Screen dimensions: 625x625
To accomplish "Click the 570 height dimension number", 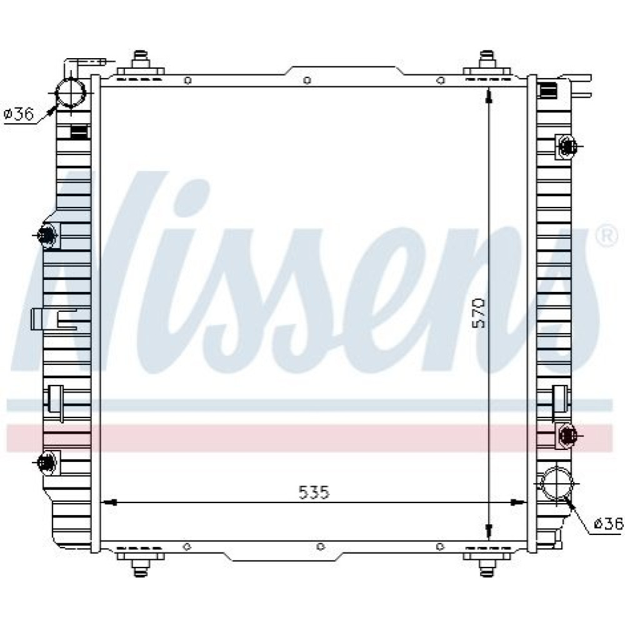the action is pos(479,313).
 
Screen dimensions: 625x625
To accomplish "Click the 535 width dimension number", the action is pos(314,493).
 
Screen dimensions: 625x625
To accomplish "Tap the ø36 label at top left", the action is pos(18,114).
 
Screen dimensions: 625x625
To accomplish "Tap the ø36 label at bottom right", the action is pos(608,523).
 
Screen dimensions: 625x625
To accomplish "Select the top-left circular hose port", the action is pos(71,93).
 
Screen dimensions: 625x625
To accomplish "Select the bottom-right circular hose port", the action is pos(556,483).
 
